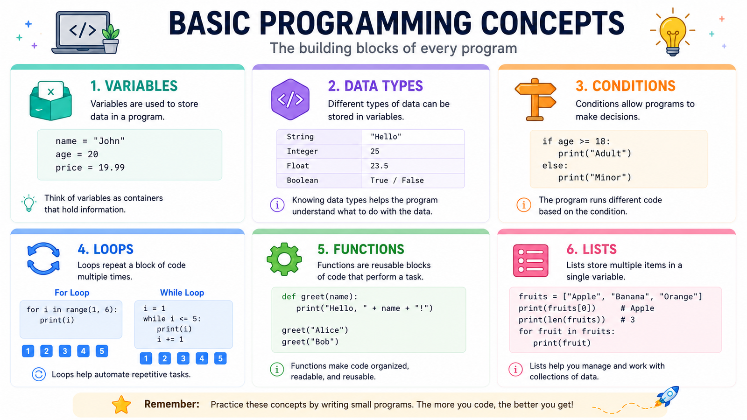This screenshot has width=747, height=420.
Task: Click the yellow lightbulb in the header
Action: point(673,33)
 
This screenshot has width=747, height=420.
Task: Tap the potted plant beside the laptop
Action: point(111,39)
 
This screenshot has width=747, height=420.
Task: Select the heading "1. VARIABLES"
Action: point(134,86)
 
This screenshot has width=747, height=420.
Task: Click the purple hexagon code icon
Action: point(290,99)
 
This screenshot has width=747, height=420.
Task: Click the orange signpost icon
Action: point(536,99)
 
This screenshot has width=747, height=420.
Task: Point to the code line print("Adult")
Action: point(595,154)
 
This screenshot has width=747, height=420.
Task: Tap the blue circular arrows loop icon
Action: point(43,259)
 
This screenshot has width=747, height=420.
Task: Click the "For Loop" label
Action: point(72,293)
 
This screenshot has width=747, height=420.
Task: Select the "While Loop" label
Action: point(182,293)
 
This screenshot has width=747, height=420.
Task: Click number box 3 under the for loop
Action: point(65,351)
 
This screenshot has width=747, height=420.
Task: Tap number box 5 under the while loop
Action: point(220,358)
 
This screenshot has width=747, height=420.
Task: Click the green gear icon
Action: point(284,259)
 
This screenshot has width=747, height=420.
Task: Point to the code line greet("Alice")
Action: point(315,330)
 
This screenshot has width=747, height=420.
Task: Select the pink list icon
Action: point(530,261)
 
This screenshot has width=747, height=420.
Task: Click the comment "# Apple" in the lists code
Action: point(637,308)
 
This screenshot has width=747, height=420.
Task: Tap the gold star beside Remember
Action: point(121,405)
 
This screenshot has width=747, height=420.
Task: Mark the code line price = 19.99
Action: point(90,168)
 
